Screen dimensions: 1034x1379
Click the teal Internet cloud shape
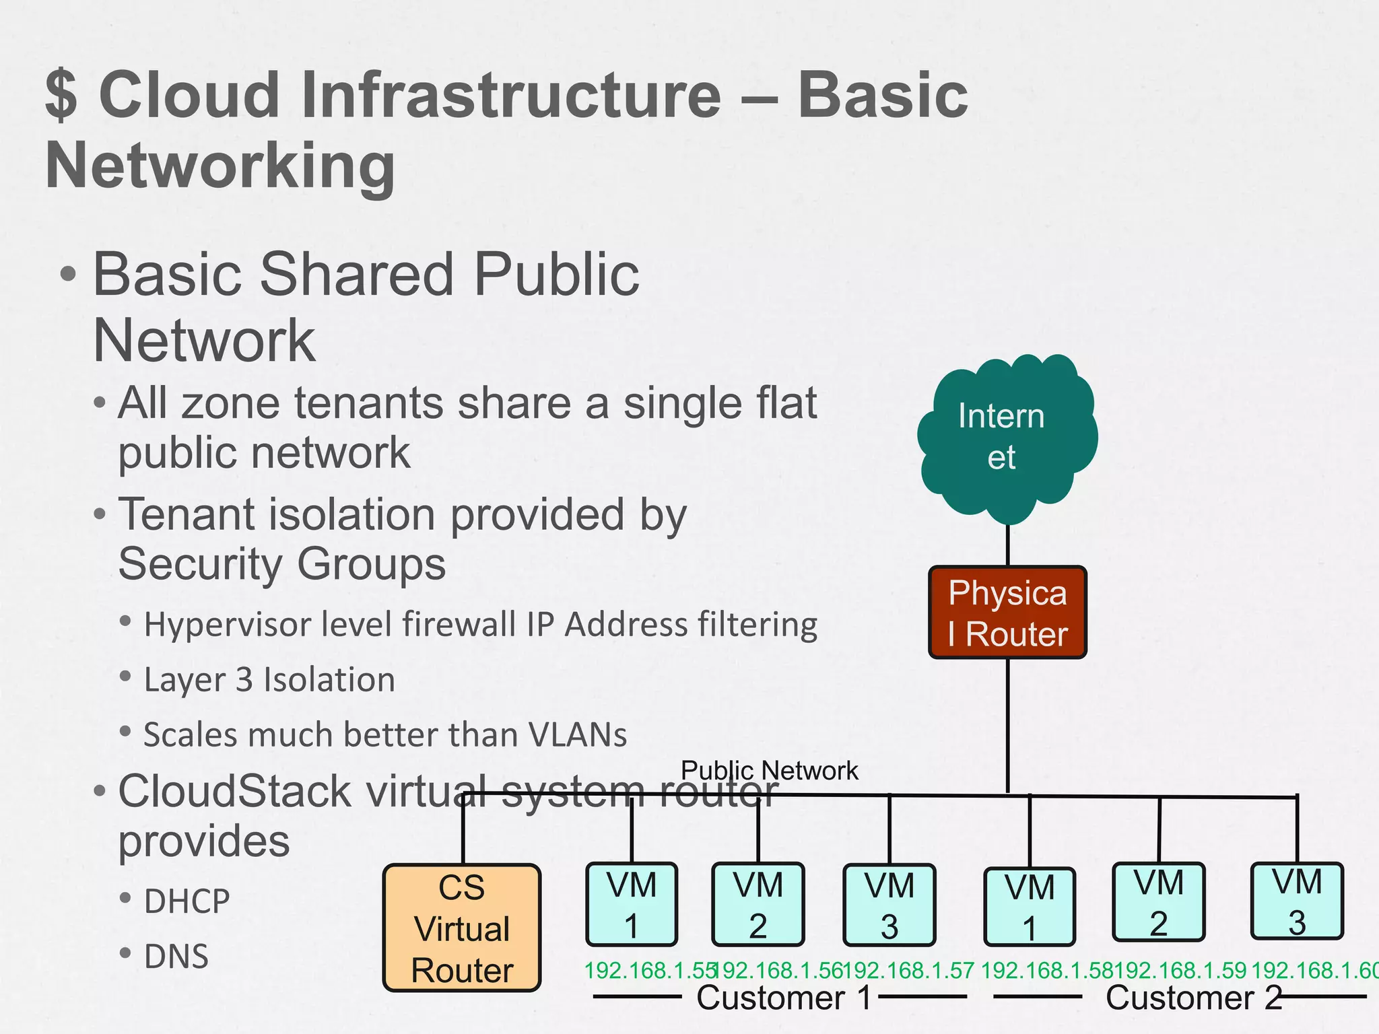coord(1007,438)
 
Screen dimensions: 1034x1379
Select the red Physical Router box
coord(1007,613)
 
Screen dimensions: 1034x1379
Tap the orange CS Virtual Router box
coord(462,928)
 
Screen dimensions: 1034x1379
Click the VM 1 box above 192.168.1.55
coord(631,904)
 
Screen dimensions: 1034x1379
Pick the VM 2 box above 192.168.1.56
coord(758,905)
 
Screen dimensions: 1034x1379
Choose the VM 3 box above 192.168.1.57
coord(889,905)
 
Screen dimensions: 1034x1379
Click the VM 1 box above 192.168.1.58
coord(1029,907)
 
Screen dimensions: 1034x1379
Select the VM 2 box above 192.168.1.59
coord(1158,902)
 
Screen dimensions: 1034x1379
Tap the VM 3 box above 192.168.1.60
coord(1297,901)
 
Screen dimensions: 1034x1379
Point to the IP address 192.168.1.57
coord(909,970)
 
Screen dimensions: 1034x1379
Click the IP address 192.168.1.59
coord(1180,970)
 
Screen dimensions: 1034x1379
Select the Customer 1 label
coord(784,998)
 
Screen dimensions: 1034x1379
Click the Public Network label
coord(769,770)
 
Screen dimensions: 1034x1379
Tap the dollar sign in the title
coord(61,95)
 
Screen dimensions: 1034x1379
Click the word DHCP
coord(187,901)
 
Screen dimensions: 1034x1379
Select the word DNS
coord(176,957)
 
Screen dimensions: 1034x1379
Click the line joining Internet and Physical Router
coord(1007,545)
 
